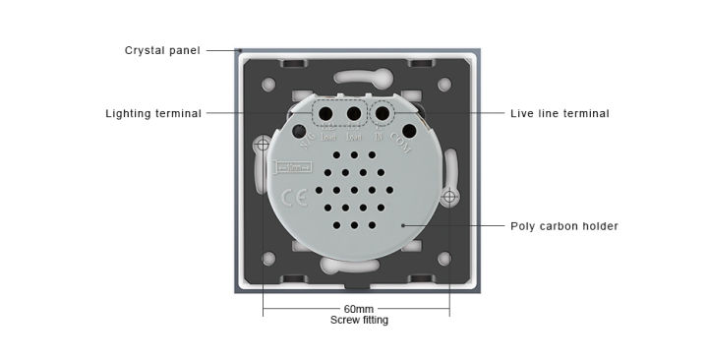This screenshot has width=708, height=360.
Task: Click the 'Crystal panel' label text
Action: [162, 50]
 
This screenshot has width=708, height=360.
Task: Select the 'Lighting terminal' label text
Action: [153, 113]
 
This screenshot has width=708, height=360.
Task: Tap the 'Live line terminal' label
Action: [560, 113]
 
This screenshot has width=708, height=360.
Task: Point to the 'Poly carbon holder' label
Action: [563, 226]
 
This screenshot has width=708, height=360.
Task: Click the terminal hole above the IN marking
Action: [383, 112]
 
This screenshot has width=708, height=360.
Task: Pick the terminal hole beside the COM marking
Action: [408, 129]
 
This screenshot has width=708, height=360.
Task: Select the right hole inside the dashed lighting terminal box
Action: [352, 112]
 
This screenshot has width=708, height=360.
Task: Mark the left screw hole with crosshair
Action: [263, 147]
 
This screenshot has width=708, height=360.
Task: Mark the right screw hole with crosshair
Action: [449, 199]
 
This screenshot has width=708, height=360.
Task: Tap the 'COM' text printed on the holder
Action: [400, 144]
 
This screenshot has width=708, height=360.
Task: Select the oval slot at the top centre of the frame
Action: [356, 76]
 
